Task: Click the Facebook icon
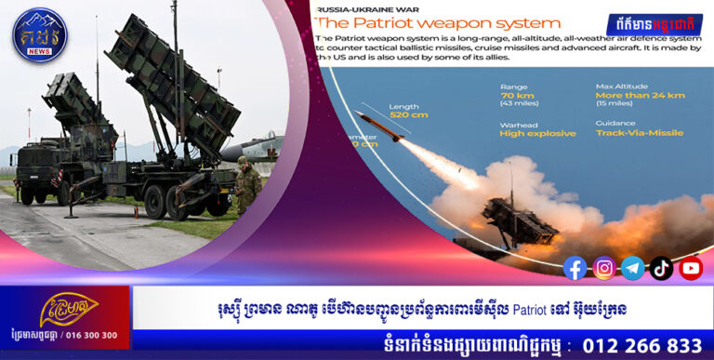pos(575,268)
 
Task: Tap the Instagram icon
pos(604,268)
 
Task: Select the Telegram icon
pos(633,268)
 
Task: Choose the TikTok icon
pos(661,268)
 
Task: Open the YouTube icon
pos(691,268)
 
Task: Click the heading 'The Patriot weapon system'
pos(437,22)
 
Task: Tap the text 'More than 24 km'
pos(641,95)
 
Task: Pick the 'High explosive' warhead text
pos(537,133)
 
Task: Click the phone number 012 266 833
pos(641,345)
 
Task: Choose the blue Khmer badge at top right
pos(654,24)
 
